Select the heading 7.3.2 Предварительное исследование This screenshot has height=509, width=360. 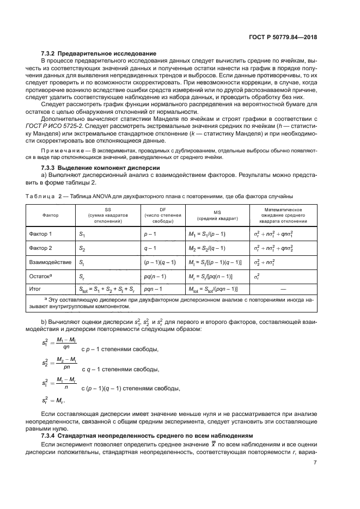[x=99, y=53]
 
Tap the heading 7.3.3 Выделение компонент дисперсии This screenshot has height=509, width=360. [x=100, y=168]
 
